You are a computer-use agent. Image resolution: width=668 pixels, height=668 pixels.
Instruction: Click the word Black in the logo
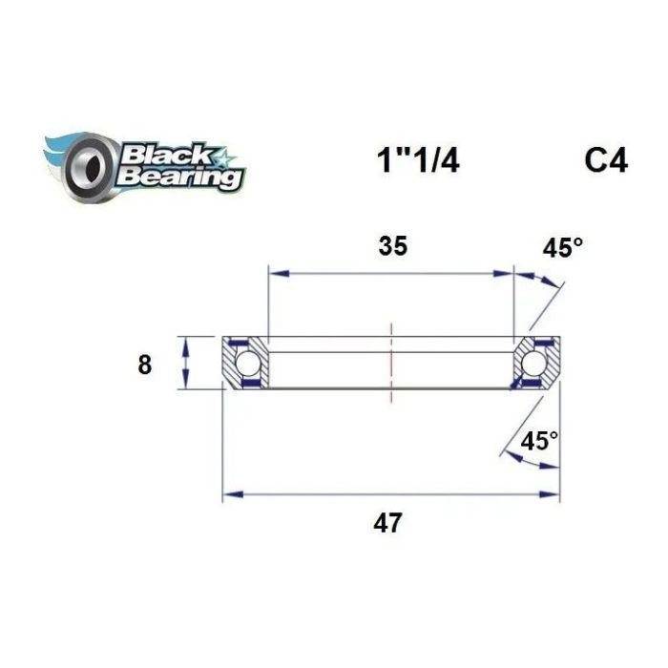166,155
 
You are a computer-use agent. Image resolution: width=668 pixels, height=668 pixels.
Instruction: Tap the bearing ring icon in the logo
88,168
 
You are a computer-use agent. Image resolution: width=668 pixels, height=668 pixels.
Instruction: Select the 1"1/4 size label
418,161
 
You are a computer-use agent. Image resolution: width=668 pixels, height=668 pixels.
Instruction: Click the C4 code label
606,161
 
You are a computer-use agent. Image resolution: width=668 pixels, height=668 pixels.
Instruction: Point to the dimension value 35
393,246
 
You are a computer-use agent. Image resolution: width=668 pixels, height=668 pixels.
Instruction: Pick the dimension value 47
387,523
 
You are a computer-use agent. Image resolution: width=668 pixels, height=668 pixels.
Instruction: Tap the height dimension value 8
145,365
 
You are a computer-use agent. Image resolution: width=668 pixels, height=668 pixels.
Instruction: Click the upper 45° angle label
562,247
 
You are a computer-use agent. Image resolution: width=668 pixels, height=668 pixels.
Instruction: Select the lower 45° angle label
539,441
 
